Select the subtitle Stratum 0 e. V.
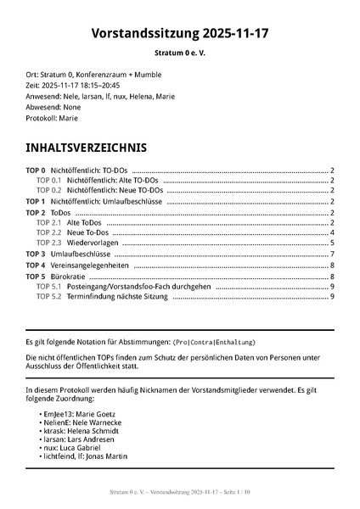click(180, 53)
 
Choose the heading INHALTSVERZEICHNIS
click(86, 148)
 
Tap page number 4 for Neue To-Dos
click(332, 232)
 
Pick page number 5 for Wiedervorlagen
click(332, 243)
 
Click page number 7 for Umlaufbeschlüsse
click(332, 254)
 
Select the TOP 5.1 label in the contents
click(48, 286)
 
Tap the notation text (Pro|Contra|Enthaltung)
click(214, 342)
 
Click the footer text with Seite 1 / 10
click(180, 492)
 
